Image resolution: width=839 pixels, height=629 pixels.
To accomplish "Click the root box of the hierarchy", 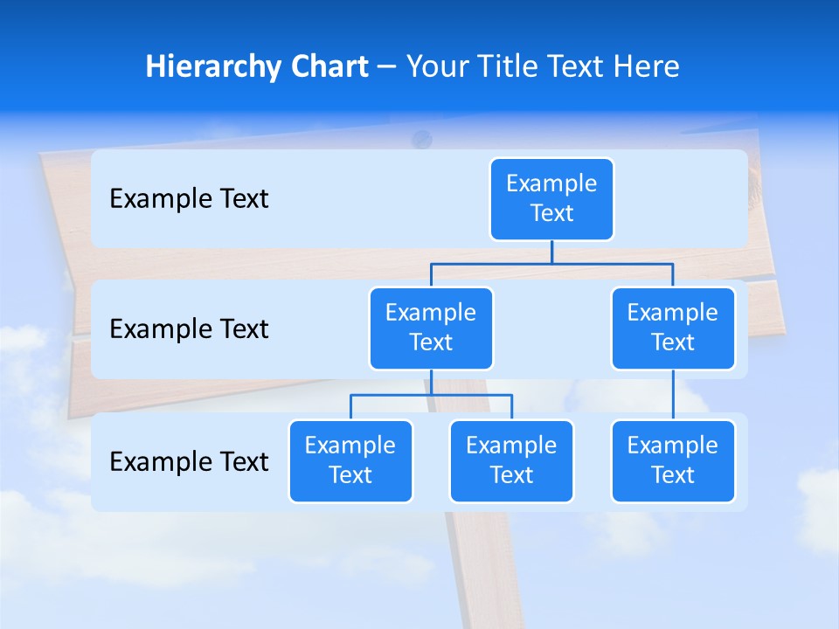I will point(551,199).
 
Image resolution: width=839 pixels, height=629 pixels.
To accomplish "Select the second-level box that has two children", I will point(431,328).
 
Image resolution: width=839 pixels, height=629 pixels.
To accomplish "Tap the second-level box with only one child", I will point(673,328).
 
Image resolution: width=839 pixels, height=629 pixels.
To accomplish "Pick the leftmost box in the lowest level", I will point(350,461).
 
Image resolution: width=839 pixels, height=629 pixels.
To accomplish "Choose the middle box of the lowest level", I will point(511,461).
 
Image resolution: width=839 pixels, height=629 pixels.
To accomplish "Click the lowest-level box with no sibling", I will point(673,461).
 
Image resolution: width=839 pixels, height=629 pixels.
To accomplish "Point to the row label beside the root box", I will point(189,199).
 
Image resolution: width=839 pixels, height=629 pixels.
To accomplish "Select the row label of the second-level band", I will point(189,329).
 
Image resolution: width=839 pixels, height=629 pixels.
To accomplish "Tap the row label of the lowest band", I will point(189,461).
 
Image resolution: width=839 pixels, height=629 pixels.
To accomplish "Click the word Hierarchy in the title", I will point(213,67).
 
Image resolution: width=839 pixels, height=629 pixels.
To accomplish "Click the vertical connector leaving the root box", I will point(551,252).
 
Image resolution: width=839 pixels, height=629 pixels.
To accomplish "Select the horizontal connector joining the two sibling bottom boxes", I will point(431,395).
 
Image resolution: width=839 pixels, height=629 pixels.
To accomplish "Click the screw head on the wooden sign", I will point(422,137).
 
